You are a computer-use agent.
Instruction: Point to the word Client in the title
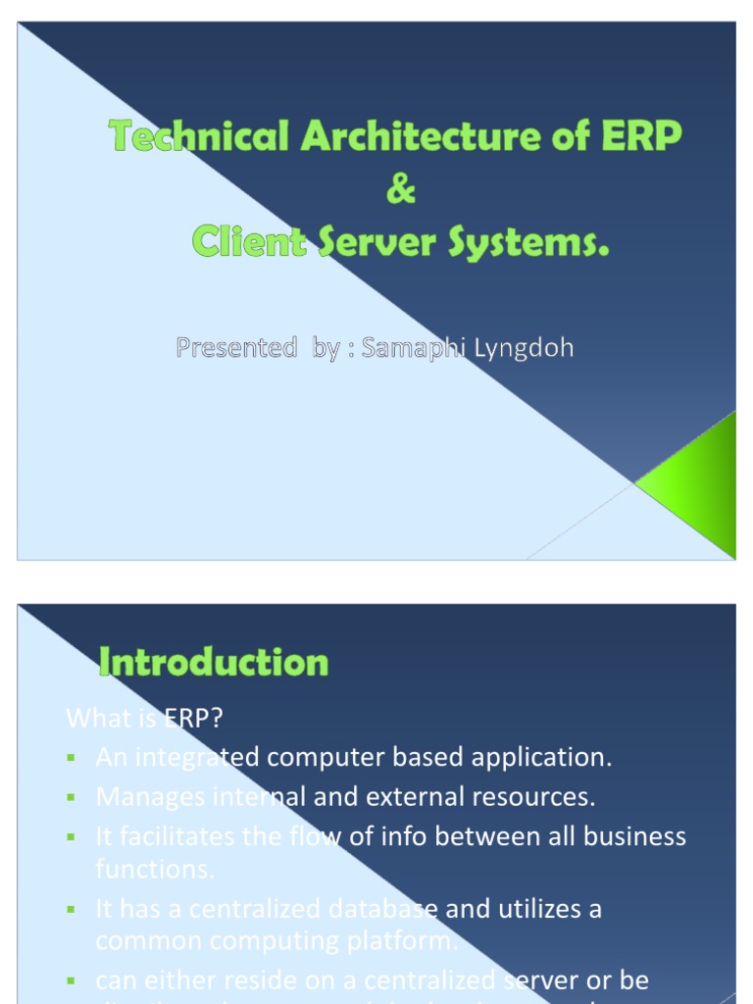tap(249, 241)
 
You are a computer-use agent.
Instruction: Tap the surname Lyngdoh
tap(526, 348)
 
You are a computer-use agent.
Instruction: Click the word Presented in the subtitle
tap(235, 348)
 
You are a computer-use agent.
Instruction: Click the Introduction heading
tap(214, 663)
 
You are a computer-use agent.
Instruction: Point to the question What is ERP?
tap(145, 719)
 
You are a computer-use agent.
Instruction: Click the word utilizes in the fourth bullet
tap(536, 909)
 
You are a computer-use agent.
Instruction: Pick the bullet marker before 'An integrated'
tap(72, 758)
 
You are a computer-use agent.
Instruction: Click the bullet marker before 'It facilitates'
tap(72, 837)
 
